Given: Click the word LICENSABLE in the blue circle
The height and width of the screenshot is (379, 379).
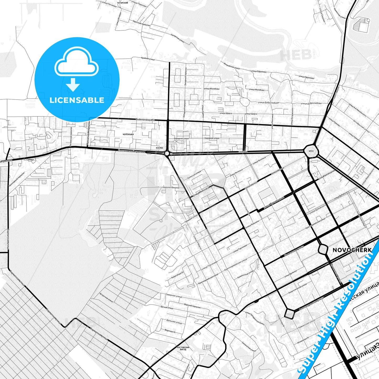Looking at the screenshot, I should pos(77,100).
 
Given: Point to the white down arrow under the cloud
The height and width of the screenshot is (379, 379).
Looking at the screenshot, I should pos(73,85).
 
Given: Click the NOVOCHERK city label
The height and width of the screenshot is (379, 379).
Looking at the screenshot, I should pos(352,250).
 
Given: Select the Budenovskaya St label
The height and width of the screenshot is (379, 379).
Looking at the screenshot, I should pos(146,120).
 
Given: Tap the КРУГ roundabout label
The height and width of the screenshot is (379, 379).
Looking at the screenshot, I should pos(311,151).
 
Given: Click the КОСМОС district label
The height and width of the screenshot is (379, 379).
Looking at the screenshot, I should pos(159,148).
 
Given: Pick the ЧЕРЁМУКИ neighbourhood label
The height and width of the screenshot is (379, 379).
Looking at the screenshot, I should pos(128,134).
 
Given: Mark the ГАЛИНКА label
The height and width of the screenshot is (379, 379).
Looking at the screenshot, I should pos(243,152).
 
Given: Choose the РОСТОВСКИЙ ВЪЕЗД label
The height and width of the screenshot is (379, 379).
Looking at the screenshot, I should pos(183,348).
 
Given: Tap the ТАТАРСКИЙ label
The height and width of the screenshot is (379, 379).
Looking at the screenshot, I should pos(122,3).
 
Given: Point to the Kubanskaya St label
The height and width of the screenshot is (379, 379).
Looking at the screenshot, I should pos(177,274).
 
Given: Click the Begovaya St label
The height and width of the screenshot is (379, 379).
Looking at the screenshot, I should pos(170,331).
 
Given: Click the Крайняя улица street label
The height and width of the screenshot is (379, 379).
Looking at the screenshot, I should pos(148,59).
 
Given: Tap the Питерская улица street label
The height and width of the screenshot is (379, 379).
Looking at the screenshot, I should pos(178,38).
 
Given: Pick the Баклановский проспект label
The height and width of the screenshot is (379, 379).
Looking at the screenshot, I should pos(131,151).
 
